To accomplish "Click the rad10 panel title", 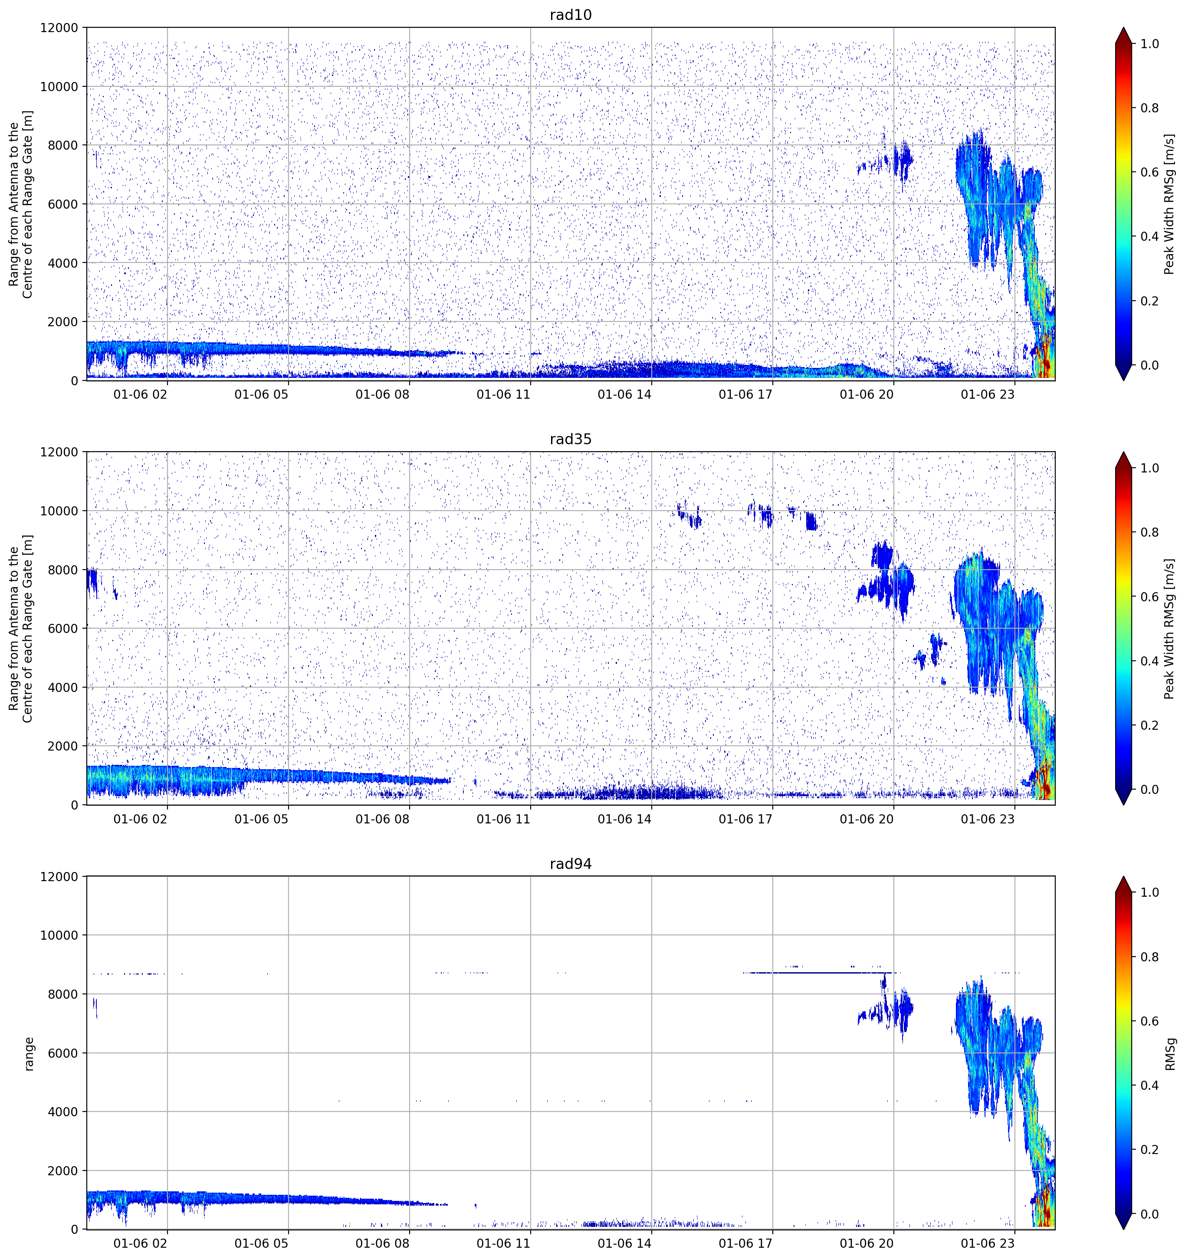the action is (571, 15).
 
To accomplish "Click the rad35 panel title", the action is (571, 439).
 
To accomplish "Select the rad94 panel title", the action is (571, 864).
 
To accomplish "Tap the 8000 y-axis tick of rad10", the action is (63, 145).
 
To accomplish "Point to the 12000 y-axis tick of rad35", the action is (59, 452).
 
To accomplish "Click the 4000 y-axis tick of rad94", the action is (63, 1111).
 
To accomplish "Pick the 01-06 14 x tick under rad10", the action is (624, 394).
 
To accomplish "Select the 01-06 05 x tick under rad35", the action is (261, 819).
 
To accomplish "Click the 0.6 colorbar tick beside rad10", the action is (1149, 172).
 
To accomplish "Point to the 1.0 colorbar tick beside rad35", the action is (1149, 468).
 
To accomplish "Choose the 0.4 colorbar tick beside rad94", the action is (1149, 1085).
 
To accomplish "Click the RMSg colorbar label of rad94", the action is (1170, 1053).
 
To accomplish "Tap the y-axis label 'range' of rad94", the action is (29, 1053).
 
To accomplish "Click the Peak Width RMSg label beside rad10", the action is (1169, 204).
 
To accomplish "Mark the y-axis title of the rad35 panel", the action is (20, 628).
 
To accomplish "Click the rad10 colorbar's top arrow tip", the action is (1123, 27).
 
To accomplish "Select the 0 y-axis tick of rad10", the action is (75, 380).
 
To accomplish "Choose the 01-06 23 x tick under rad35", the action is (988, 819).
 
